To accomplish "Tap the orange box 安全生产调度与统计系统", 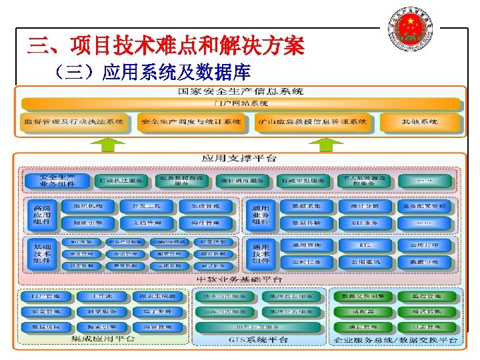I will tap(191, 123).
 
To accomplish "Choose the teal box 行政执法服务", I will tap(120, 181).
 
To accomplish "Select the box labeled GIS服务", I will tap(364, 223).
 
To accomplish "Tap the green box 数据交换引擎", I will tap(362, 296).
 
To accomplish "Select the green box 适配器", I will tap(362, 311).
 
